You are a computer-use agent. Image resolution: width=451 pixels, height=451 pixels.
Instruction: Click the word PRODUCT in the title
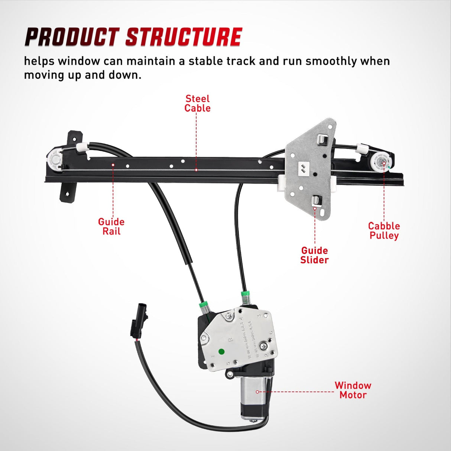coord(71,37)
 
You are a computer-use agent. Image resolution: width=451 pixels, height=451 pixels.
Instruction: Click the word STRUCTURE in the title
coord(184,37)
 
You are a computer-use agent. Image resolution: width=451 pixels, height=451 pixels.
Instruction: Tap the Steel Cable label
coord(197,104)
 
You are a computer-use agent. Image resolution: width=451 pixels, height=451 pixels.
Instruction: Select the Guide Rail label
coord(111,227)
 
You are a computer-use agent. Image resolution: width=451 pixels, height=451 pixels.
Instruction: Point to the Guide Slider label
coord(314,255)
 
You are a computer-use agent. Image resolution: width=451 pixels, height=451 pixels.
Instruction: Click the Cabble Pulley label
coord(384,231)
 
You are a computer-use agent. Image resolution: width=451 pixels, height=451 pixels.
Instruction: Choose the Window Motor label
coord(353,390)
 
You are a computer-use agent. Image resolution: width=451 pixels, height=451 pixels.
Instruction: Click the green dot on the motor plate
coord(222,351)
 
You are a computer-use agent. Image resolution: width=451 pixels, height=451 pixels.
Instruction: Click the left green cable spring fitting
coord(203,307)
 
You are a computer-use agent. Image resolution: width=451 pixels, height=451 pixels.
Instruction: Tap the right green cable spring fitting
coord(245,298)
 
